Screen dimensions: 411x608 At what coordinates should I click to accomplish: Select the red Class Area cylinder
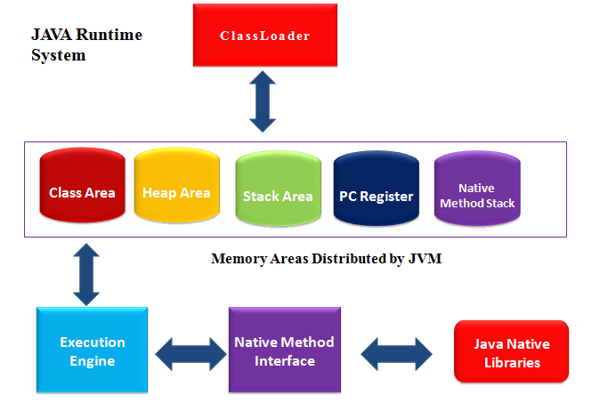(82, 192)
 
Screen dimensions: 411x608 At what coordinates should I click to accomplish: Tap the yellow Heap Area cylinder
(176, 192)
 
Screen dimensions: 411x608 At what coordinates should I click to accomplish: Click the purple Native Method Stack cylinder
(476, 195)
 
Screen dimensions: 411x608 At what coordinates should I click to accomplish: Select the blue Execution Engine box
(93, 351)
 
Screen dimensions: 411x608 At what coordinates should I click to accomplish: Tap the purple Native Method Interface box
(284, 351)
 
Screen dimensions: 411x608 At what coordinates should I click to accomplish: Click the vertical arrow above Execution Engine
(86, 274)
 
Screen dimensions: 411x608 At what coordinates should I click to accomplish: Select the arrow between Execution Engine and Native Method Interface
(191, 353)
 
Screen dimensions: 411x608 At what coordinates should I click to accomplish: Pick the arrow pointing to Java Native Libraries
(396, 353)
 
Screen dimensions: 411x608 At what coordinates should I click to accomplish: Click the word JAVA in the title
(53, 36)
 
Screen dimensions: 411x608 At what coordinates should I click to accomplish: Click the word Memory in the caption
(236, 260)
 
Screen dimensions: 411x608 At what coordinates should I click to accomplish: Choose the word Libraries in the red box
(511, 362)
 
